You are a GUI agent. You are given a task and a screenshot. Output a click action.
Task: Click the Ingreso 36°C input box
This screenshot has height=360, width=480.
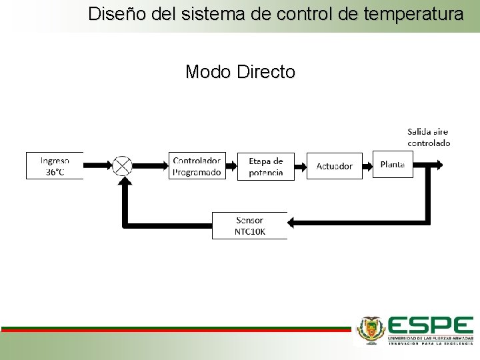coord(55,165)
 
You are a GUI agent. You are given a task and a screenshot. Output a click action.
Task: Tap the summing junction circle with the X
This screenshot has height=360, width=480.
coord(122,165)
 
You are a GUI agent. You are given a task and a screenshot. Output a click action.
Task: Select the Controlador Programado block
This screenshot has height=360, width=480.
coord(197,165)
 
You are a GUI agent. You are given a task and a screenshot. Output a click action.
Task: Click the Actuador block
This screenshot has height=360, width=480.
coord(334,165)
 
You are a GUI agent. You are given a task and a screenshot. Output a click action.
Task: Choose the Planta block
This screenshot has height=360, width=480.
coord(393,164)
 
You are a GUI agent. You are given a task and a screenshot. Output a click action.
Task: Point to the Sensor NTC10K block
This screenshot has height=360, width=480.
coord(249,226)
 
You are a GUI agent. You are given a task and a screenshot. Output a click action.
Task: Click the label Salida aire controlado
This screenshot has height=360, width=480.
coord(429,137)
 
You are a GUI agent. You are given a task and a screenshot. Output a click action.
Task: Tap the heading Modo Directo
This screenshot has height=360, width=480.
coord(240,71)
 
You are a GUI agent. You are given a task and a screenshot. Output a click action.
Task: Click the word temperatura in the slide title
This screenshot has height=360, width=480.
coord(412,13)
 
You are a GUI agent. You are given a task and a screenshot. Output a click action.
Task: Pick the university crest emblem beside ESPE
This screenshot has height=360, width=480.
coord(371,329)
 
